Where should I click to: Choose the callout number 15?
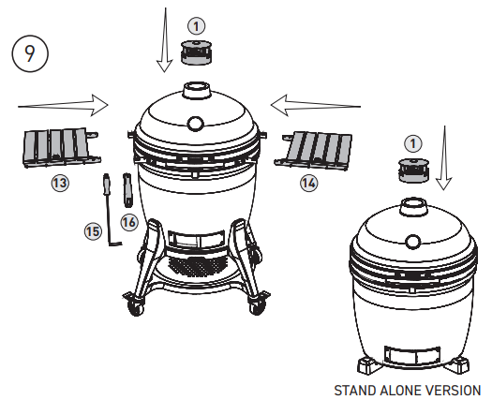(92, 230)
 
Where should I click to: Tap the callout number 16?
(129, 221)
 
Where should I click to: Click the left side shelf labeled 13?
(56, 147)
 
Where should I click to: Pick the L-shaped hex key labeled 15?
(106, 212)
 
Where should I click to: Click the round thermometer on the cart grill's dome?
(196, 123)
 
